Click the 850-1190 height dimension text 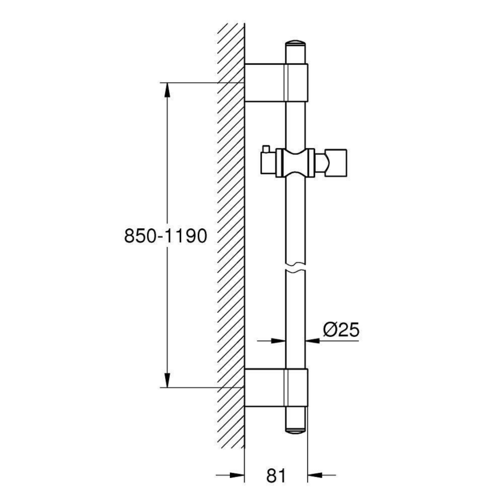[166, 236]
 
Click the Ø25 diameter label [340, 331]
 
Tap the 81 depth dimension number [276, 476]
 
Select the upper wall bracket [275, 81]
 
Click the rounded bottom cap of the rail [295, 428]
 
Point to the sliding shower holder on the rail [295, 162]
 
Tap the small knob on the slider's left [266, 149]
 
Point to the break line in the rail [296, 270]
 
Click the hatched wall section [229, 233]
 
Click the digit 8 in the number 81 [269, 476]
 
